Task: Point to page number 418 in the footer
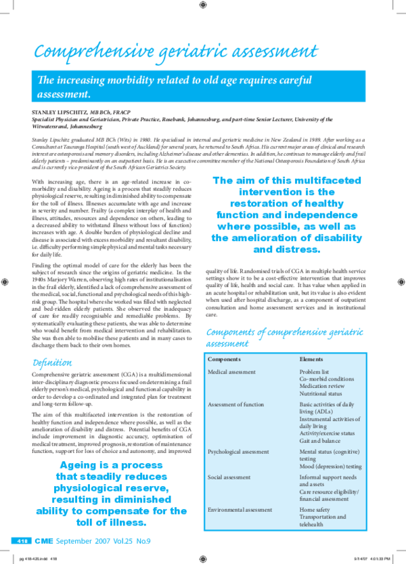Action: coord(20,541)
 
